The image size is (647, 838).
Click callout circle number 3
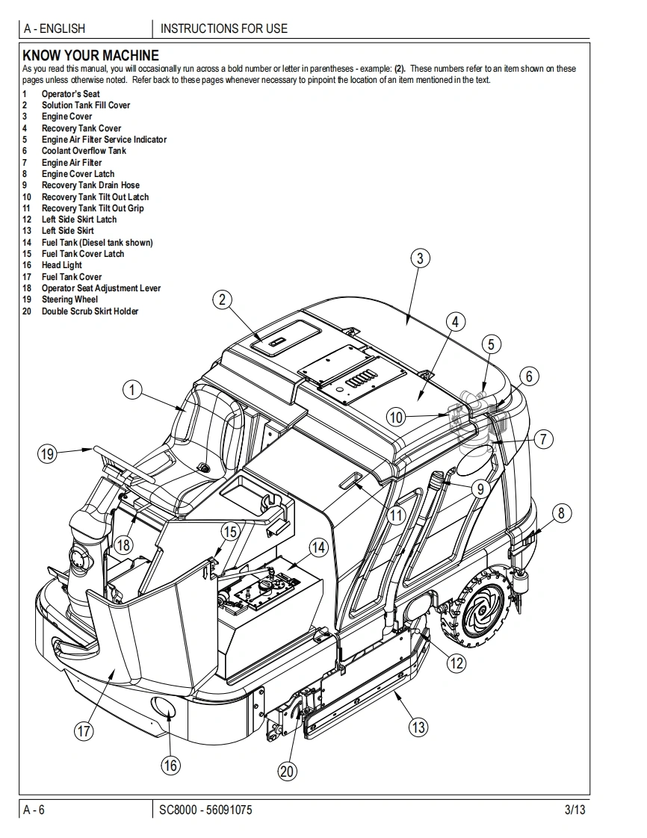click(421, 258)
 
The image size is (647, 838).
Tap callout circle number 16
click(171, 765)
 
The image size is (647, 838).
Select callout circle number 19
click(48, 453)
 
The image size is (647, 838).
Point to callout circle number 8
click(562, 512)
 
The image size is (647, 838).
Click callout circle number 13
click(419, 726)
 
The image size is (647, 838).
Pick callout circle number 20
click(288, 772)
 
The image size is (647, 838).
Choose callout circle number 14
click(319, 547)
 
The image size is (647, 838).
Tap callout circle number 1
click(132, 390)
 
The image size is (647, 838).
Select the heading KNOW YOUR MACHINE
click(90, 55)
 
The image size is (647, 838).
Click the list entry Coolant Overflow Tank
click(84, 151)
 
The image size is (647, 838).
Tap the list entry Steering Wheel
click(69, 299)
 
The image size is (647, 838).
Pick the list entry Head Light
click(62, 265)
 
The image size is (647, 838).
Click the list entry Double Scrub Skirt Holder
click(90, 311)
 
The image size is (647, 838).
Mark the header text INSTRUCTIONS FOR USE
click(223, 29)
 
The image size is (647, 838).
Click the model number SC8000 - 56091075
click(205, 810)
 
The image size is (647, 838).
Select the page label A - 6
click(34, 810)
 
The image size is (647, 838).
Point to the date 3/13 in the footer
click(575, 810)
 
